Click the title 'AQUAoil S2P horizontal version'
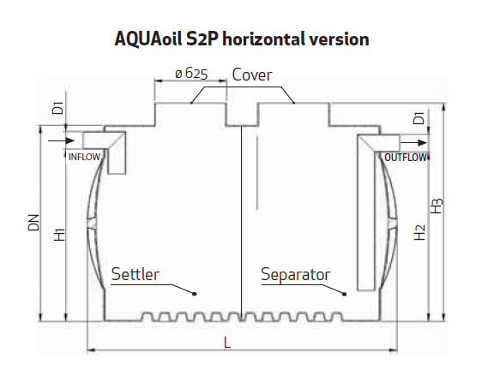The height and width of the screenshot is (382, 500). coord(242,39)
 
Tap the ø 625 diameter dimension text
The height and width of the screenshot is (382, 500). coord(191,74)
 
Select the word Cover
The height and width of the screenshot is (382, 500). coord(252,75)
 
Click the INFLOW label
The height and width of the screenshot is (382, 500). coord(85,157)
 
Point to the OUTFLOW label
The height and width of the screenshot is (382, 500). coord(406,158)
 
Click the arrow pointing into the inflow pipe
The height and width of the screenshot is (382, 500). coord(61,140)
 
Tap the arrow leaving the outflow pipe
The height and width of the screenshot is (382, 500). coord(413,143)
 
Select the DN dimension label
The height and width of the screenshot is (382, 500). coord(33,223)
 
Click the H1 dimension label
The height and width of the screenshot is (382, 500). coord(60,235)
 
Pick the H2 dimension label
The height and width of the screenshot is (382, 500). coord(419,232)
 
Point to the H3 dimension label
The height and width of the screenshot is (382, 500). coord(437,206)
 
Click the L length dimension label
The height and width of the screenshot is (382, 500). coord(227,343)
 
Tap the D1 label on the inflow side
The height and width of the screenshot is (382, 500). coord(58,108)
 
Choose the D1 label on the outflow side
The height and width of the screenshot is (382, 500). coord(419,118)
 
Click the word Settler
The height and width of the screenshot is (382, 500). coord(136,274)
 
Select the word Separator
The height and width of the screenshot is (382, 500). coord(296,275)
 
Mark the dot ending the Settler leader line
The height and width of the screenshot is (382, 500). coord(195,294)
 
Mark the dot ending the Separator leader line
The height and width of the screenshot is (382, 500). coord(345,294)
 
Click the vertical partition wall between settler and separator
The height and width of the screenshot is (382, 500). coord(242,224)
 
